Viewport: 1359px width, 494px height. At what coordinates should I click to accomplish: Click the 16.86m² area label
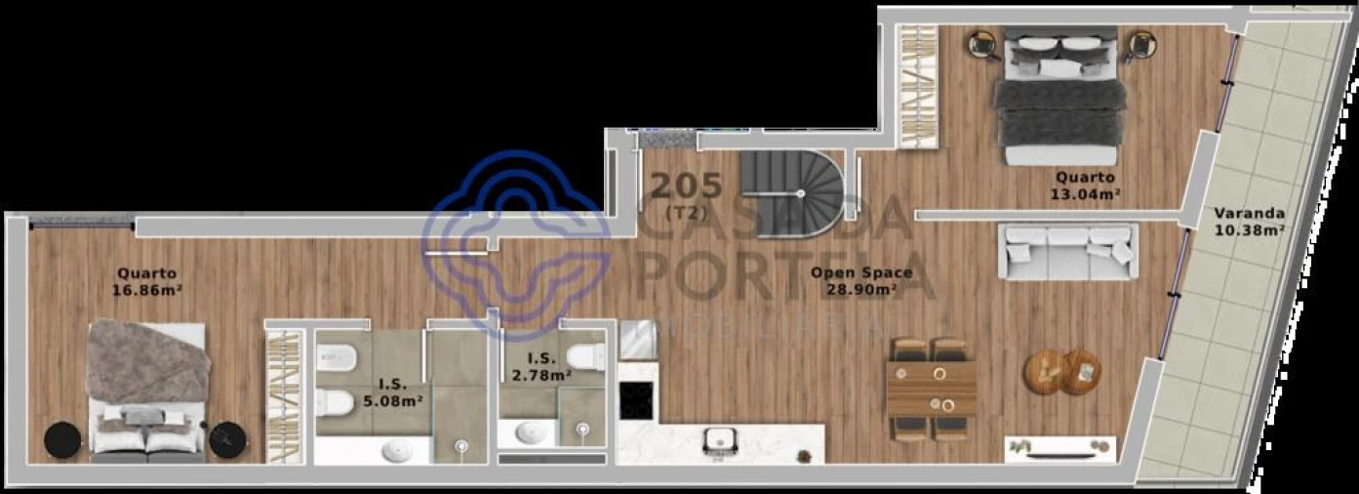[147, 290]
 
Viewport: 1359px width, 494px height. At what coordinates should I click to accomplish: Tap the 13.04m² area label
[1085, 193]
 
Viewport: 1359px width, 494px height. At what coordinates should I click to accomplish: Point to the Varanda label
[1249, 214]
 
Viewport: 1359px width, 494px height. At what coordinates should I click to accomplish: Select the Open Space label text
[860, 272]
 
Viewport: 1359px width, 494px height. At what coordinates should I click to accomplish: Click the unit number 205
[687, 184]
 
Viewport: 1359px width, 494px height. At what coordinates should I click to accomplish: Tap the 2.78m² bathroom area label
[541, 374]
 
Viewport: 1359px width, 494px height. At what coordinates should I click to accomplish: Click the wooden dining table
[932, 388]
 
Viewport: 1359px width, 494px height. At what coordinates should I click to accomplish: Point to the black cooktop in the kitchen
[636, 398]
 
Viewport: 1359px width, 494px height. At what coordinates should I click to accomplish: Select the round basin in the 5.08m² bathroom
[397, 450]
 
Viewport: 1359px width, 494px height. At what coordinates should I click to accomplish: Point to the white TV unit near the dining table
[1060, 448]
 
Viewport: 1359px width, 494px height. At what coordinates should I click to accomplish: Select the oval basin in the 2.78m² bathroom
[532, 432]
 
